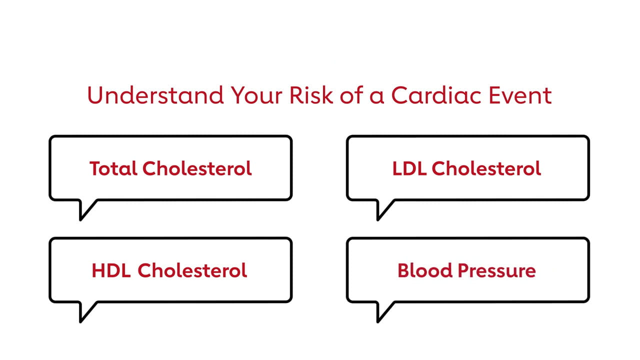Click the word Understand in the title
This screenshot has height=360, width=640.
[x=155, y=95]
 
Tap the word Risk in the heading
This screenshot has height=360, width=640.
[x=311, y=95]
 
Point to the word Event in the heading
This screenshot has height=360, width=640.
[x=520, y=95]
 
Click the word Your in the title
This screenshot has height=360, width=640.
[x=256, y=95]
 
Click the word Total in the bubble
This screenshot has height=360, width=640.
[x=113, y=168]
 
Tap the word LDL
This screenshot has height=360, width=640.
[x=409, y=168]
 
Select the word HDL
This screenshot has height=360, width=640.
[x=111, y=270]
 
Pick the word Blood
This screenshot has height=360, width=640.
[x=425, y=270]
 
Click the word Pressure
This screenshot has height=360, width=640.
[x=497, y=271]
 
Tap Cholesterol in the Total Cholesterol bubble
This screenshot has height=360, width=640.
[x=197, y=168]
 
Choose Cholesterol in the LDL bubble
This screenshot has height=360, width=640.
[x=486, y=168]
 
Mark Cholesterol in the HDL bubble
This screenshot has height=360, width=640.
[x=192, y=270]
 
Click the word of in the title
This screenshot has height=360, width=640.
[x=351, y=95]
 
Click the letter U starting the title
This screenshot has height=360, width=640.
[x=95, y=95]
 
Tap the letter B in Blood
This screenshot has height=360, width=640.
[x=403, y=270]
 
